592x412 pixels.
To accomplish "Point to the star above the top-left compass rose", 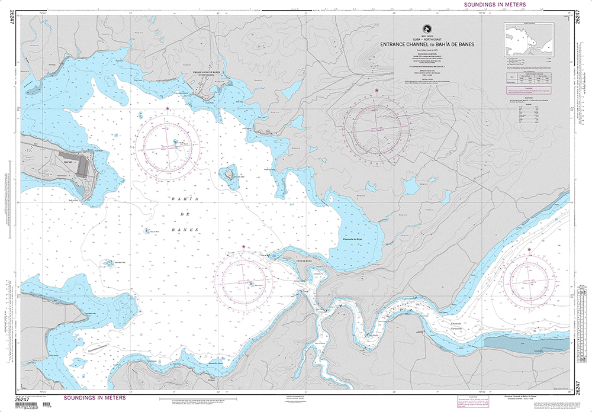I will (168, 108).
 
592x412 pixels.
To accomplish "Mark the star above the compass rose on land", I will (377, 90).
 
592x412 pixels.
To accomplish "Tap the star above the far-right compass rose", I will (529, 250).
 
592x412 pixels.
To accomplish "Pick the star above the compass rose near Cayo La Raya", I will (243, 246).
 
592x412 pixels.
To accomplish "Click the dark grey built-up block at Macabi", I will (81, 165).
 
